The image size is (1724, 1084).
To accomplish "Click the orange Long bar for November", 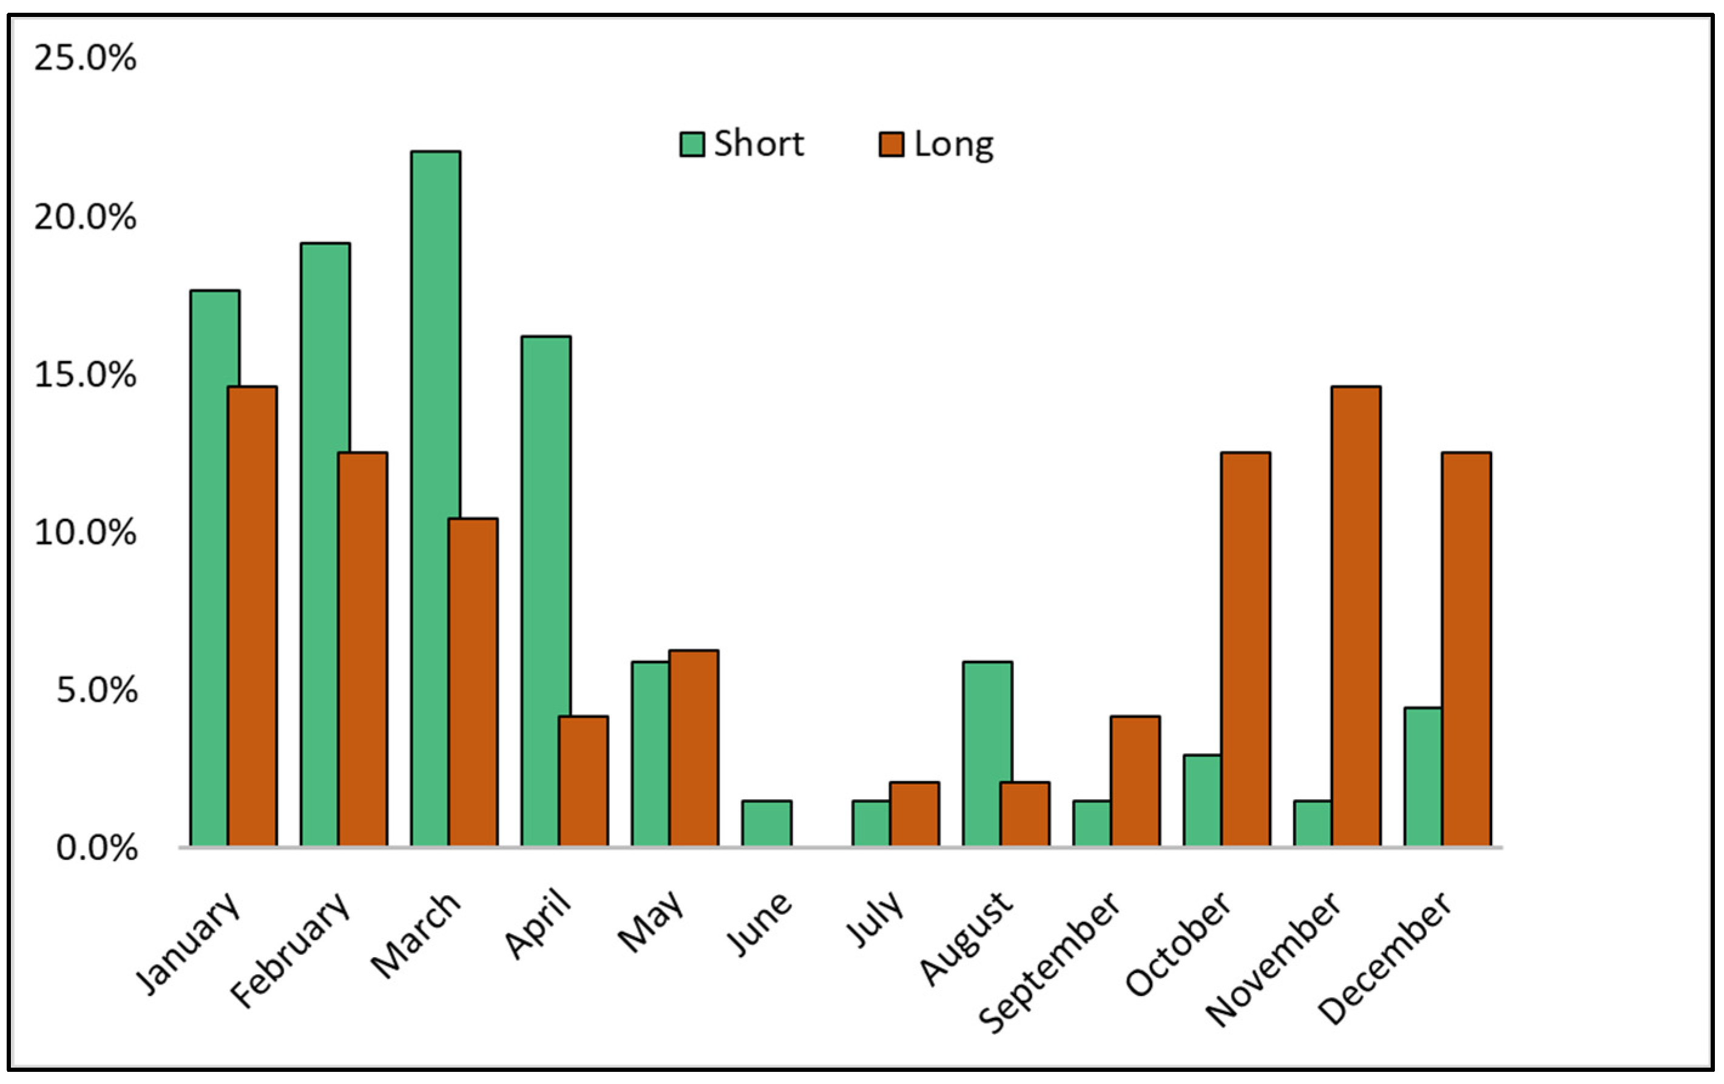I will click(x=1356, y=616).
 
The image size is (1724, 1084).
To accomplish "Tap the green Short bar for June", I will click(x=766, y=824).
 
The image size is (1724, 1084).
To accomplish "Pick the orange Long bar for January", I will click(x=252, y=616).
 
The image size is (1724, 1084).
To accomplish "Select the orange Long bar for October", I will click(x=1246, y=648).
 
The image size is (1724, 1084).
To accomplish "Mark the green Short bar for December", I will click(x=1422, y=777).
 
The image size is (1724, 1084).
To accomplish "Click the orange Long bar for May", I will click(x=694, y=748).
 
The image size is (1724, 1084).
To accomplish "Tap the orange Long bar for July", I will click(x=914, y=814).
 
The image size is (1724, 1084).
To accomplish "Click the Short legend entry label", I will click(x=759, y=144).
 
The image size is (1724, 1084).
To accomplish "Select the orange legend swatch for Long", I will click(x=891, y=144).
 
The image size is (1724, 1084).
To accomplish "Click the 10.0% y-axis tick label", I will click(x=85, y=532).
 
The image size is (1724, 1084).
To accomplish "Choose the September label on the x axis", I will click(x=1049, y=963).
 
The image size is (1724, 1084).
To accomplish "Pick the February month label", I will click(x=290, y=949).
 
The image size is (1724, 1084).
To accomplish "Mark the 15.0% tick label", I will click(x=85, y=374).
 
